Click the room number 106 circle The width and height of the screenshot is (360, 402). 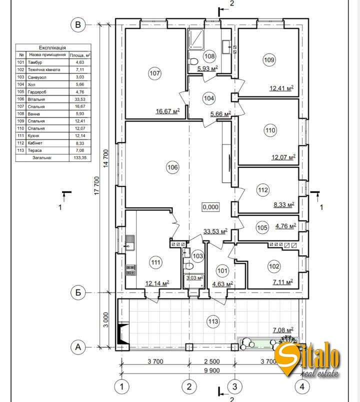click(172, 167)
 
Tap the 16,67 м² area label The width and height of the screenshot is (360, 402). click(167, 111)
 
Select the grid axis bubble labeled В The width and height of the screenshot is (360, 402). click(77, 24)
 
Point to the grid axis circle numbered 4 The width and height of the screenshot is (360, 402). click(302, 386)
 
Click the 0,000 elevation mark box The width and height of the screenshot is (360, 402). click(210, 207)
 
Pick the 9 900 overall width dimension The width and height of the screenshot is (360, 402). click(212, 370)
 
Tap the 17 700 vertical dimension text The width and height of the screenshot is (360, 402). click(96, 185)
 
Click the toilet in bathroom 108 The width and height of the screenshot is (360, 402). click(193, 61)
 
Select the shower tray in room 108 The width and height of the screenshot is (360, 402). click(196, 39)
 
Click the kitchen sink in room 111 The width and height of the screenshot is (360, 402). click(130, 242)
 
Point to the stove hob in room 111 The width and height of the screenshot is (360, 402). click(130, 270)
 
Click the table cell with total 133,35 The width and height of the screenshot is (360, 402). click(80, 157)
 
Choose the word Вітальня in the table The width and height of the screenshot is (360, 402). click(36, 99)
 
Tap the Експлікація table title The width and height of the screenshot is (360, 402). click(52, 47)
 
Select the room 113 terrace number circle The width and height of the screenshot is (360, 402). click(213, 321)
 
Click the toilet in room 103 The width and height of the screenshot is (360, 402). click(188, 266)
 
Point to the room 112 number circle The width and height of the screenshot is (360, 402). click(263, 190)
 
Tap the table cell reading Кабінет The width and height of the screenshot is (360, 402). click(35, 143)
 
